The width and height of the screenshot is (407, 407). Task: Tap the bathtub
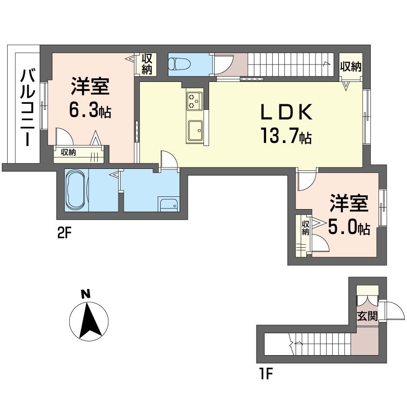pos(77,191)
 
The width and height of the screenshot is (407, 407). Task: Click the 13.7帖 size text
pos(285,136)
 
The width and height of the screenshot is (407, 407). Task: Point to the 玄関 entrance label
pos(366,316)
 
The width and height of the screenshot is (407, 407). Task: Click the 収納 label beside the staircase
pos(351,66)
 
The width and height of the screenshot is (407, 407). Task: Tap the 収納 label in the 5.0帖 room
pos(305,227)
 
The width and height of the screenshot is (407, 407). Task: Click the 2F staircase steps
pos(290,65)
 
